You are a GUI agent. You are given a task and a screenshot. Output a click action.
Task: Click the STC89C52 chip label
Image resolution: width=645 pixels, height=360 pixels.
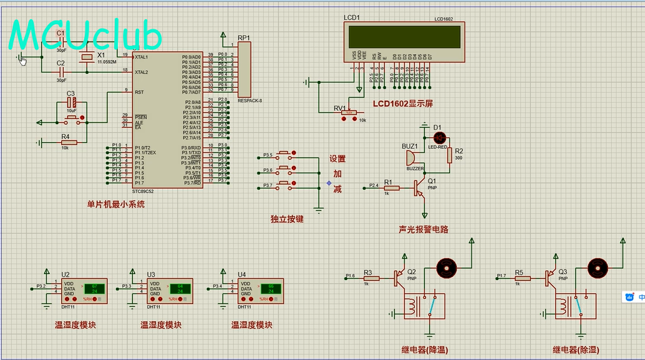143,191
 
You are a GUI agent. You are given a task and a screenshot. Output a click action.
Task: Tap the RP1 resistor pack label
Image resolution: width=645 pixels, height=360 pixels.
244,38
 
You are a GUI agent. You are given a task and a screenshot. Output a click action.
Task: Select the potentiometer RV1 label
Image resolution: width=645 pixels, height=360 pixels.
340,108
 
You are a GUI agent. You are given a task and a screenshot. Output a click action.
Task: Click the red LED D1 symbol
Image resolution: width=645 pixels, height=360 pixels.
437,137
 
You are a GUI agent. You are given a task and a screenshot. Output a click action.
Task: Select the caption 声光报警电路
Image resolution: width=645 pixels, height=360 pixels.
423,228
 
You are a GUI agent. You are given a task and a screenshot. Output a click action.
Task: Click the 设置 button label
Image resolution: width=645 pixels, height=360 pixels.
338,159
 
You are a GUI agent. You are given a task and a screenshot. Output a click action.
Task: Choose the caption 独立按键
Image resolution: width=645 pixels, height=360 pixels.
287,219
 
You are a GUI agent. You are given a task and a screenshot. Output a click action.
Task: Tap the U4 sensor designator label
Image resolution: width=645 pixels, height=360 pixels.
242,275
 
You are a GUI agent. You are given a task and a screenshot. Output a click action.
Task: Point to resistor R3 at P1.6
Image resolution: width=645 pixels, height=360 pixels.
372,278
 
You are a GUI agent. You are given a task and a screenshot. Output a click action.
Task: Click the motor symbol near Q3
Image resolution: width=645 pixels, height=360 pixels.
597,266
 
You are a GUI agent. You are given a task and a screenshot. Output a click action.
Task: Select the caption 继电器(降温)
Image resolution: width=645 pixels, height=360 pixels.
425,349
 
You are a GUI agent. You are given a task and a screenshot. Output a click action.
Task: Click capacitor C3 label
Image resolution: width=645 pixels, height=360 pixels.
71,94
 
